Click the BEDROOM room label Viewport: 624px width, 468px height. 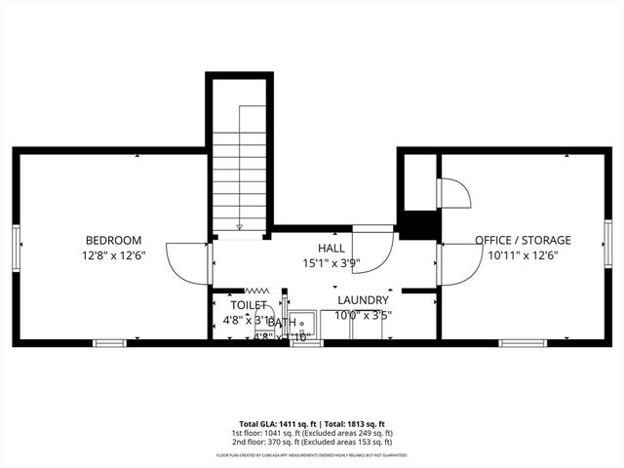click(113, 241)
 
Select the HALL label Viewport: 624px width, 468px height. click(331, 249)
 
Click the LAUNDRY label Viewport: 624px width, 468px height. click(363, 300)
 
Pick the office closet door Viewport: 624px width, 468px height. click(453, 194)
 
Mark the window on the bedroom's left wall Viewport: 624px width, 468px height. click(16, 246)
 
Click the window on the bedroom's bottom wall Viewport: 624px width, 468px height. click(109, 342)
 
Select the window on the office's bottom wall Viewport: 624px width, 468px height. click(516, 342)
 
